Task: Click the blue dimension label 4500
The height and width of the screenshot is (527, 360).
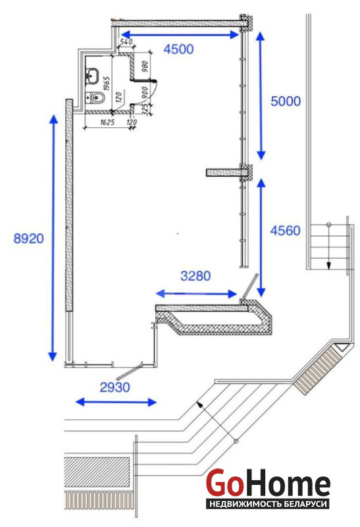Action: point(178,49)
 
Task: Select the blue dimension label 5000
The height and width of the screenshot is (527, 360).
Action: point(286,101)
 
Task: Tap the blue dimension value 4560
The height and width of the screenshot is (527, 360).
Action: point(286,231)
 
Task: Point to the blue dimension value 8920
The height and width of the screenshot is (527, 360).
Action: point(29,238)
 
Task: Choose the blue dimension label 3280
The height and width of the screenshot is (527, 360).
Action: point(195,276)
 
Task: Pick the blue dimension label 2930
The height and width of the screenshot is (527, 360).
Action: point(115,387)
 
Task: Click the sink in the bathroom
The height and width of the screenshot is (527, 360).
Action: point(92,75)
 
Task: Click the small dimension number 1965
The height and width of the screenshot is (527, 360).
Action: point(107,84)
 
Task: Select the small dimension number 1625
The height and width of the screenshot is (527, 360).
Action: point(107,123)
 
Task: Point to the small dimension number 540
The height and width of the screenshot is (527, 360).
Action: point(126,42)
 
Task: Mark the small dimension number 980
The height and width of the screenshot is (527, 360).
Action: point(145,67)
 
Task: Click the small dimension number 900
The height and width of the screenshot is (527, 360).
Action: point(145,92)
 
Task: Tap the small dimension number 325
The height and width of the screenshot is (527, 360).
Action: point(145,109)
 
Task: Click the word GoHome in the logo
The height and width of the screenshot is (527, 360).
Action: point(268,483)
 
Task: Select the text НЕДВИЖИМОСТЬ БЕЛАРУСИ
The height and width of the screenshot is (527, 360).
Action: point(268,504)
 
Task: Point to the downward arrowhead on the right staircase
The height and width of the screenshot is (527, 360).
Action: point(328,265)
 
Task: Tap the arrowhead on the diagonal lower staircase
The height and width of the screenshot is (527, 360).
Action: point(199,404)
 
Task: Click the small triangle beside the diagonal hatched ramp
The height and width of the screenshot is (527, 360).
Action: point(342,347)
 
